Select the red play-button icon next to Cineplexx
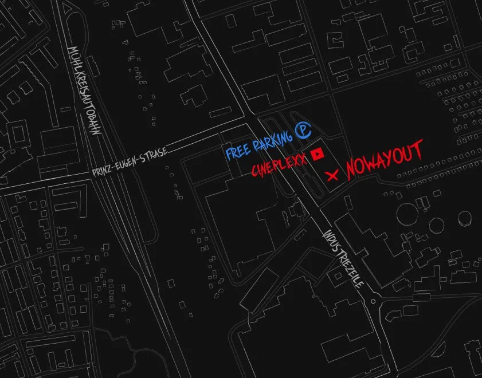(x=317, y=153)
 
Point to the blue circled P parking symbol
(x=303, y=132)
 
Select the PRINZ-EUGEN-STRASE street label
(x=130, y=163)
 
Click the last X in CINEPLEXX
(x=302, y=156)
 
